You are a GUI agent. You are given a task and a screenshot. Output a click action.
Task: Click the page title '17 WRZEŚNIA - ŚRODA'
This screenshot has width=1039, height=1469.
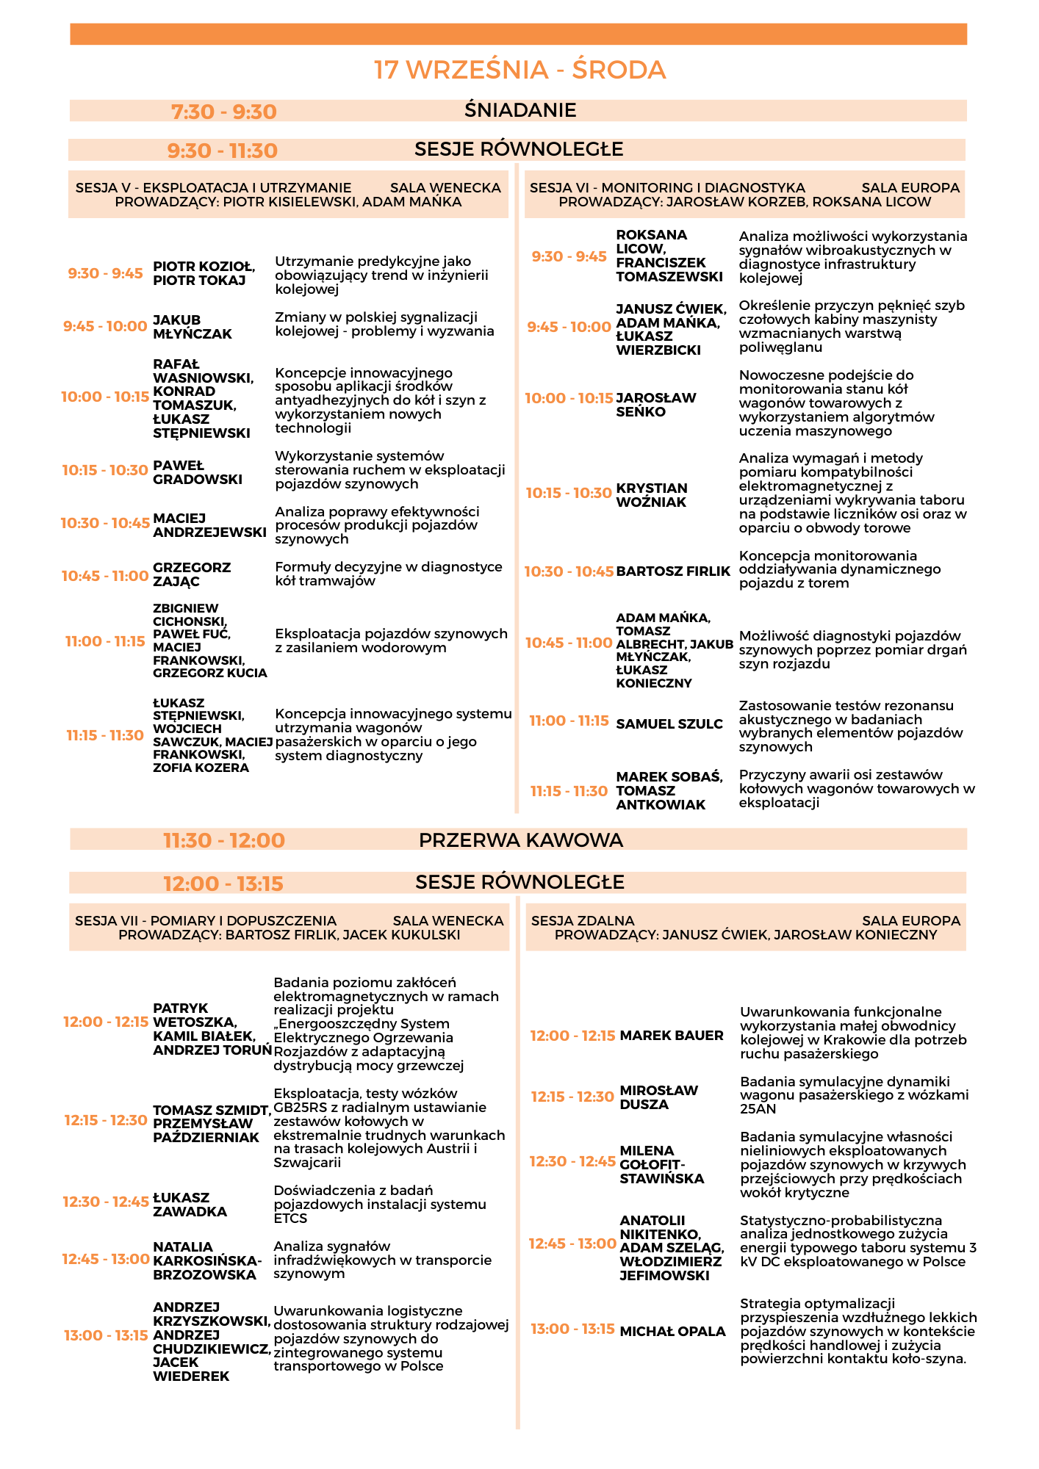click(519, 70)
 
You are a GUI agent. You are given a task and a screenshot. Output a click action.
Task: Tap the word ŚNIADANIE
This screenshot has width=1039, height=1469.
click(520, 110)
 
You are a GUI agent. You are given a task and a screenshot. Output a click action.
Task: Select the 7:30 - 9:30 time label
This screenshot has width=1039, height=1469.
click(223, 112)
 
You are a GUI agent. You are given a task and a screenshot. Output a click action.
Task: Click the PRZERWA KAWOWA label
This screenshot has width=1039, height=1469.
click(520, 840)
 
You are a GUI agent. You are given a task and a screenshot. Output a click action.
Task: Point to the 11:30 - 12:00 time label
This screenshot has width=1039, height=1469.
click(223, 840)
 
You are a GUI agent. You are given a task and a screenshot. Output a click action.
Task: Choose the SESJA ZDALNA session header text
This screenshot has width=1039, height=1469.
click(583, 920)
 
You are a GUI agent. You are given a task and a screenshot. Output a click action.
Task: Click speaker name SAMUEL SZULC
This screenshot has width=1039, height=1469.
click(669, 723)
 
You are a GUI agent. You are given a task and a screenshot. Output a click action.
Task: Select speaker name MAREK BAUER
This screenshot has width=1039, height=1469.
click(672, 1036)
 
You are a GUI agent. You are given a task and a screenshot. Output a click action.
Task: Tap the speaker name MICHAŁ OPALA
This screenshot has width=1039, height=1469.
click(672, 1331)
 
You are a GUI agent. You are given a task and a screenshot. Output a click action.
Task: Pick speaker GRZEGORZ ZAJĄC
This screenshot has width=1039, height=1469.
click(191, 574)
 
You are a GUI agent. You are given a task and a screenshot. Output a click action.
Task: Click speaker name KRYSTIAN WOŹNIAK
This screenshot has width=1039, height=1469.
click(652, 495)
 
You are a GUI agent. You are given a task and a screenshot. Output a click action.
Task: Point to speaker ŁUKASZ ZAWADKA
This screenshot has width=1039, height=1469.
click(190, 1205)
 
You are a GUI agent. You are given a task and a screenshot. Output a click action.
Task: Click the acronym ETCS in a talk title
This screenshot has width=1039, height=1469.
click(290, 1218)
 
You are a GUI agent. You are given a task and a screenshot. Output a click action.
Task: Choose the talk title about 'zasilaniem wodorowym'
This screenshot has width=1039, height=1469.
click(391, 640)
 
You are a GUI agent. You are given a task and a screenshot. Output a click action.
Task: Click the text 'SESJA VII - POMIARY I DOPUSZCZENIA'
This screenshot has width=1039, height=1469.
click(206, 920)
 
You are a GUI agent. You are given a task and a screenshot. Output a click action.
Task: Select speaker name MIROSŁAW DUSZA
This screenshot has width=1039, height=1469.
click(658, 1097)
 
